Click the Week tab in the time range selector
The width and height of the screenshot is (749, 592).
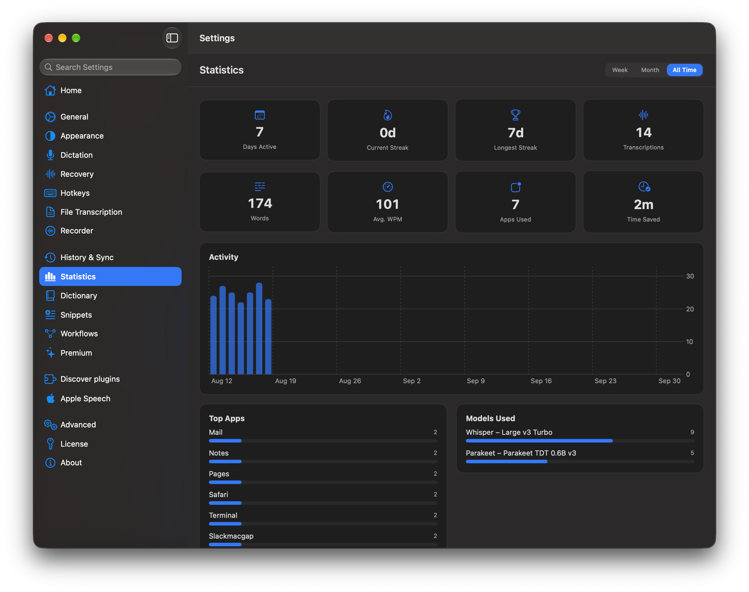619,70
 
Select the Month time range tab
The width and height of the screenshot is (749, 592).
650,70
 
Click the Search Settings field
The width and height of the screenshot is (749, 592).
110,67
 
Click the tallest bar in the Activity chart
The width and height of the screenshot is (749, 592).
259,329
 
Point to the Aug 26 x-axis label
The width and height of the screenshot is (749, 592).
350,381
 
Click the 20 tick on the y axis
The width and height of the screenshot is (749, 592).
690,309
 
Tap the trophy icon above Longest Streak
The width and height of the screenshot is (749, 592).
515,115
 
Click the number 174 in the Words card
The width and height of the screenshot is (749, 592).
260,203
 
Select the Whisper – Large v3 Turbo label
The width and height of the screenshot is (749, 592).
509,432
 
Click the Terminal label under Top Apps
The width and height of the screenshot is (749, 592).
223,515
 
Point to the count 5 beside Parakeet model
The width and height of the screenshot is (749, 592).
692,453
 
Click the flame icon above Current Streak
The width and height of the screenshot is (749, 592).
387,115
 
